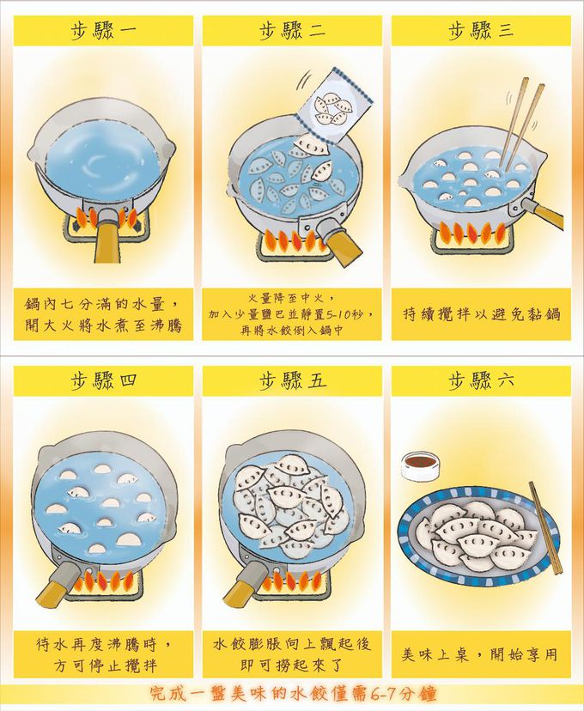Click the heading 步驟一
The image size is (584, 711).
point(103,30)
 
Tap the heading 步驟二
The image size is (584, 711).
point(292,30)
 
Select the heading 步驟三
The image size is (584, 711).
point(481,30)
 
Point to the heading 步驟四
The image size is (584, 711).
point(103,380)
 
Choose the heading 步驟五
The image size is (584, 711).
point(292,380)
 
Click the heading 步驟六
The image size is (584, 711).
point(481,380)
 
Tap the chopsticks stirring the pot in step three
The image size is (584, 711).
point(521,123)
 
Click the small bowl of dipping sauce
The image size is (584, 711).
point(420,466)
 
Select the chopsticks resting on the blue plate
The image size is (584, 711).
point(546,527)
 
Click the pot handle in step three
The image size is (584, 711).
point(542,212)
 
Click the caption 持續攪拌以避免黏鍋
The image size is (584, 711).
point(482,313)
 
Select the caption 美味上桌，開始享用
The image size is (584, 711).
point(480,654)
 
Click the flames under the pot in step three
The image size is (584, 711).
point(471,232)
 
